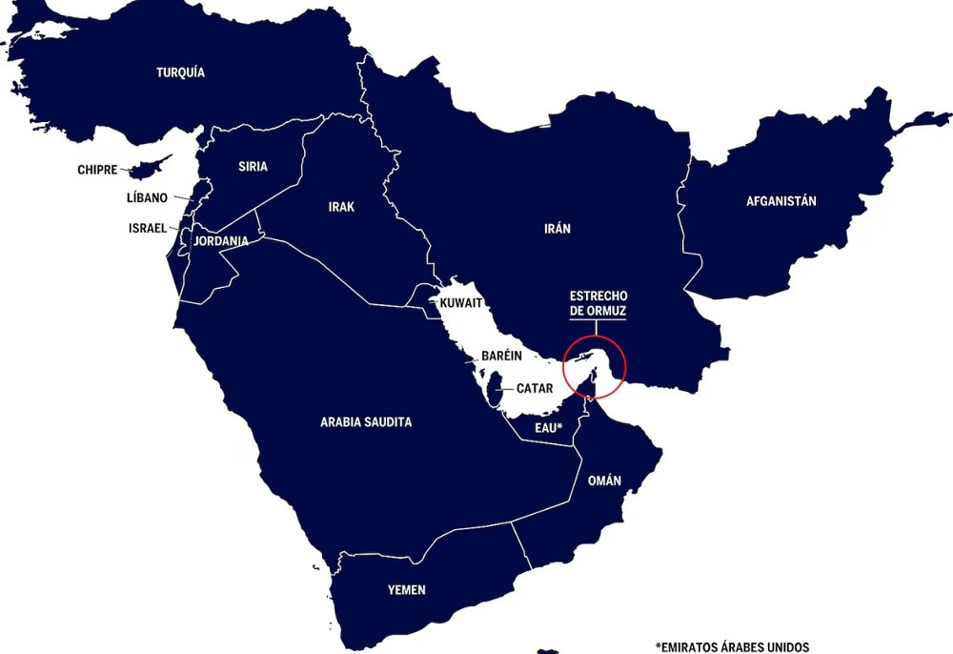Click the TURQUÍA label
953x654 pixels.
pyautogui.click(x=180, y=72)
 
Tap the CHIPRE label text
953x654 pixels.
pyautogui.click(x=97, y=171)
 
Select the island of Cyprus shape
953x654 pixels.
pyautogui.click(x=146, y=169)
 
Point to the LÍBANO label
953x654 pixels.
pyautogui.click(x=147, y=198)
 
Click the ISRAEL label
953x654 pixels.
pyautogui.click(x=148, y=229)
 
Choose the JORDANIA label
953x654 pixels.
pyautogui.click(x=220, y=241)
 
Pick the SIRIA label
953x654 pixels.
pyautogui.click(x=253, y=166)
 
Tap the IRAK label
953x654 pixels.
pyautogui.click(x=341, y=207)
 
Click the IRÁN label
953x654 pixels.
pyautogui.click(x=558, y=229)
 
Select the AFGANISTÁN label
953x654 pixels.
pyautogui.click(x=781, y=201)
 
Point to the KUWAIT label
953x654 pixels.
pyautogui.click(x=461, y=302)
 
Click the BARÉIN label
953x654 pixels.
pyautogui.click(x=501, y=356)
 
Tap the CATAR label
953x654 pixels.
pyautogui.click(x=535, y=389)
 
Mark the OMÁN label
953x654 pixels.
pyautogui.click(x=604, y=480)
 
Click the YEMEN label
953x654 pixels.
pyautogui.click(x=406, y=590)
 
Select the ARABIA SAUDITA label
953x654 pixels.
pyautogui.click(x=366, y=421)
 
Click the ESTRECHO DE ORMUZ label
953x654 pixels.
pyautogui.click(x=598, y=303)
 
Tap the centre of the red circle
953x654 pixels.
pyautogui.click(x=594, y=365)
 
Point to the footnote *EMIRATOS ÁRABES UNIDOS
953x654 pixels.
pyautogui.click(x=731, y=645)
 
